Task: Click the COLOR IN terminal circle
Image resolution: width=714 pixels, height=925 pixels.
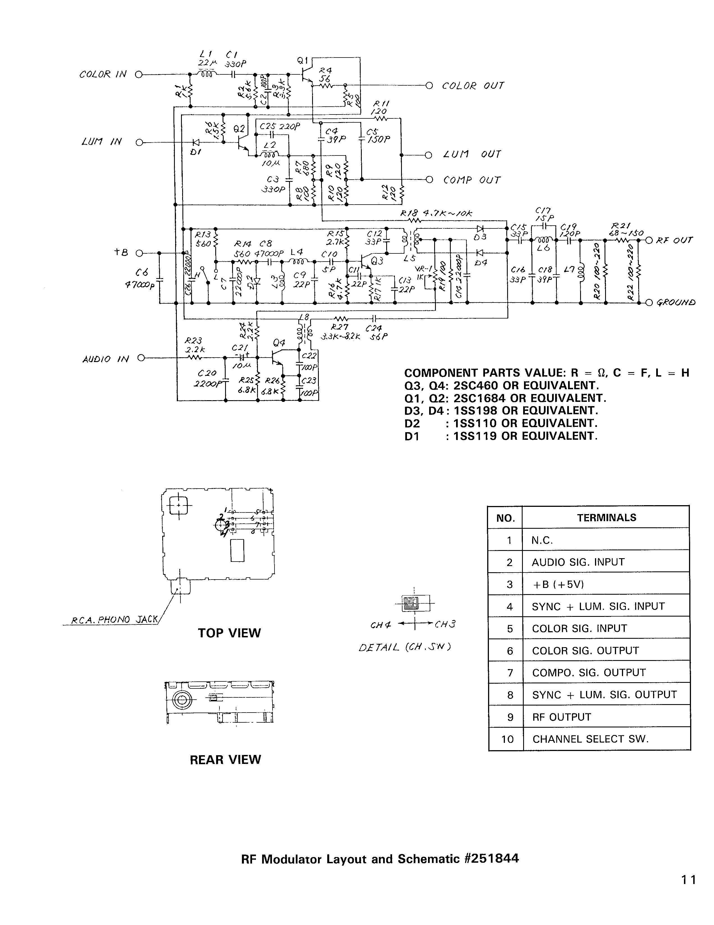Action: click(x=138, y=75)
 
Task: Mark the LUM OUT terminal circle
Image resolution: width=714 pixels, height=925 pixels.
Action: click(x=429, y=155)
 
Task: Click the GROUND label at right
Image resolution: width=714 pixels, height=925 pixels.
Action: click(x=676, y=303)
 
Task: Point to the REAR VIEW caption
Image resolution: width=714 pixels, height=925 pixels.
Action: click(x=225, y=760)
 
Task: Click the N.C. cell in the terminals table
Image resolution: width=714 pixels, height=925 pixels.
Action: click(x=542, y=541)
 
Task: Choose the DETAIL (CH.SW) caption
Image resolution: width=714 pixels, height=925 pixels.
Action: click(x=404, y=648)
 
